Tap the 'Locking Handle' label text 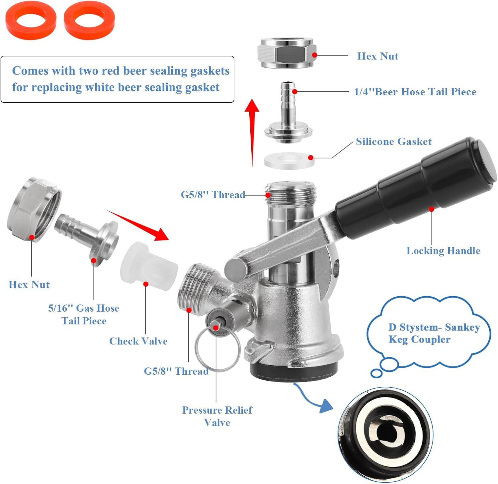(443, 250)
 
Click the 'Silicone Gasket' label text (393, 142)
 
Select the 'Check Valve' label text (138, 341)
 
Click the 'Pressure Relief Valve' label (217, 416)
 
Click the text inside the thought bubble (433, 333)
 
